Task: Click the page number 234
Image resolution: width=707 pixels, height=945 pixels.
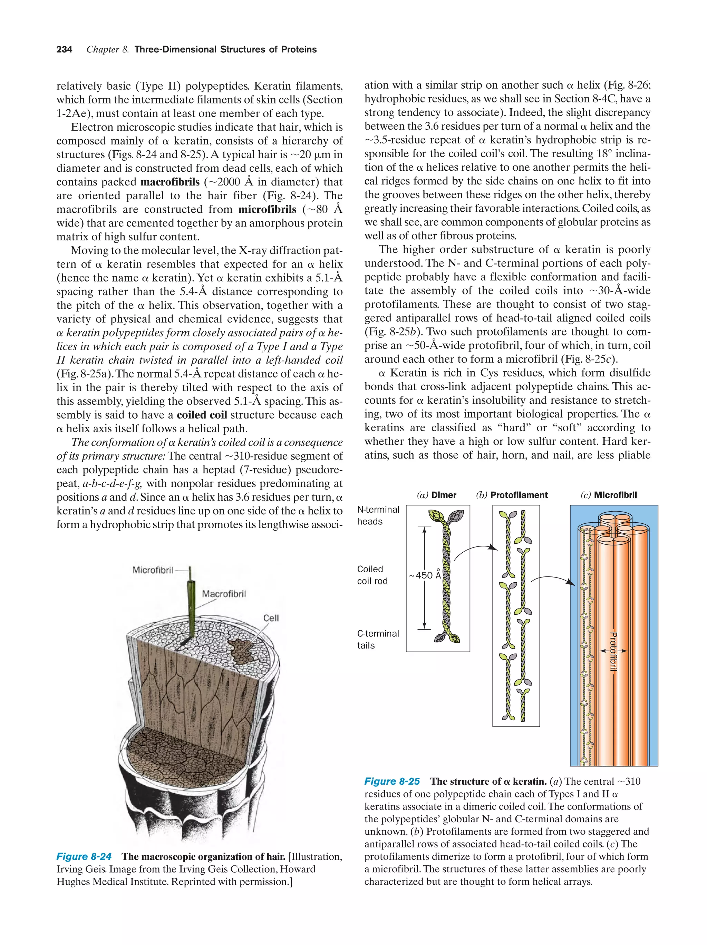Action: point(64,50)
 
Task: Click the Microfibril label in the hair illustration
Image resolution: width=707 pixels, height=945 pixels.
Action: point(153,570)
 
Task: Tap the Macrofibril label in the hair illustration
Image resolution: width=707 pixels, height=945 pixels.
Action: point(224,594)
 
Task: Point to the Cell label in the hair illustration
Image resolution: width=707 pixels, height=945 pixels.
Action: point(271,618)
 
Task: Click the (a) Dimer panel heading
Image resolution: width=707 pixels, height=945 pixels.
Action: point(436,495)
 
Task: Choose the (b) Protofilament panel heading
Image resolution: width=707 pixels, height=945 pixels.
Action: point(512,495)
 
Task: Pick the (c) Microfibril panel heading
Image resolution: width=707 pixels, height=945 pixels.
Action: point(608,495)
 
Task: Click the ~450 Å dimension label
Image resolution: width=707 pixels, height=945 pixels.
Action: point(424,575)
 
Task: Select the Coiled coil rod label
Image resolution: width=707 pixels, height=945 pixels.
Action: point(372,575)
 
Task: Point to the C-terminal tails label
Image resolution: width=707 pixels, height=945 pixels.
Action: point(378,639)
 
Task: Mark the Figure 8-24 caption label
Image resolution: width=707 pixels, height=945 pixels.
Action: point(84,856)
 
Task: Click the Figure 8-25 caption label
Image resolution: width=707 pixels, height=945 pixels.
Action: point(392,781)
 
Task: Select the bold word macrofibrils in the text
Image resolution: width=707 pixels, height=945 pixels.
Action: point(170,182)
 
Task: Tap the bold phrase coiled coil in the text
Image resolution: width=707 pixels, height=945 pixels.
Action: point(202,415)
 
